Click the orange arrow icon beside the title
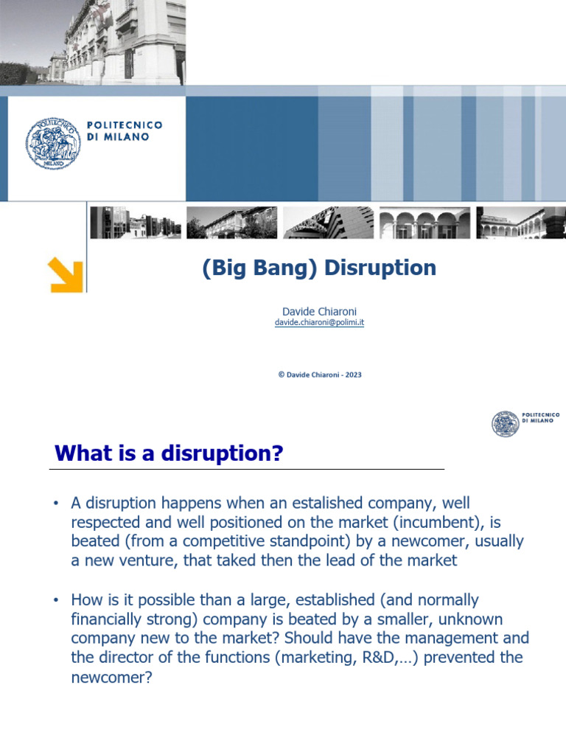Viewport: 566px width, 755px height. [x=66, y=274]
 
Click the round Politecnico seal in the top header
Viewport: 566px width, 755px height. [x=51, y=142]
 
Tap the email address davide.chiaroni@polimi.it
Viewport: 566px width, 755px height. [x=319, y=323]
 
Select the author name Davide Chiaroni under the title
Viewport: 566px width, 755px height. [x=319, y=312]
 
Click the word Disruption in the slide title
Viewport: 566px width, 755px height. [x=380, y=268]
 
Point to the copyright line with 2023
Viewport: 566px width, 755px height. [x=319, y=375]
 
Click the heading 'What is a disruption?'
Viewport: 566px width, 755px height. [x=169, y=453]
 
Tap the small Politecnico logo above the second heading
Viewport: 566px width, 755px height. [x=506, y=423]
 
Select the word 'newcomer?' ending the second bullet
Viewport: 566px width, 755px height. [x=111, y=676]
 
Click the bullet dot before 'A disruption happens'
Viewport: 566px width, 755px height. [x=55, y=504]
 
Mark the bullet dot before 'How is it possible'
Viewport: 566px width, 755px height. [x=55, y=600]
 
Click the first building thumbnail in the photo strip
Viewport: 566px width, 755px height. [x=135, y=223]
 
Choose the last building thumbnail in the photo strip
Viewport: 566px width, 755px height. [x=520, y=223]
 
